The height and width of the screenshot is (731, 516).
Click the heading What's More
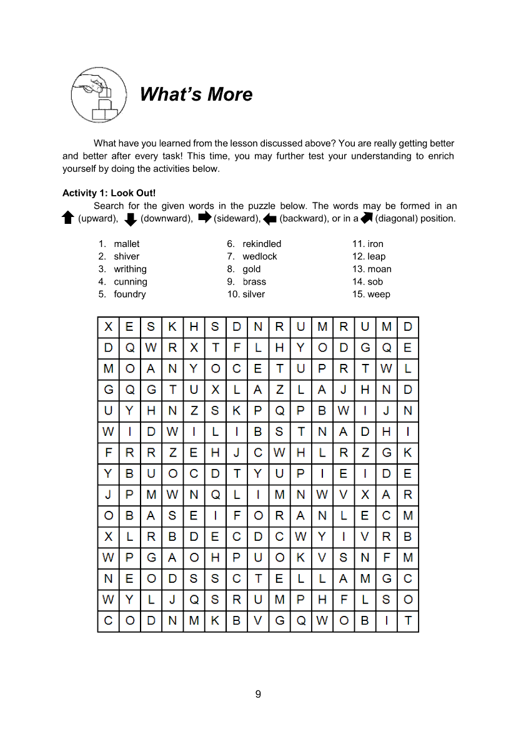coord(196,94)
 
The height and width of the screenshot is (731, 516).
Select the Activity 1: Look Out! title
coord(109,193)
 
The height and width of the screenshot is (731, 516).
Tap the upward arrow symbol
coord(68,218)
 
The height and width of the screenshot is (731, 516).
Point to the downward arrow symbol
coord(131,219)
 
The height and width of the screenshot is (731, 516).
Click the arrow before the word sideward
coord(205,218)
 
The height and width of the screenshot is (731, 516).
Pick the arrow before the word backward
coord(270,219)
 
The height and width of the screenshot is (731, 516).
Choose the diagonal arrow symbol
coord(366,218)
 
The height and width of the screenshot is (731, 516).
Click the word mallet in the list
coord(127,244)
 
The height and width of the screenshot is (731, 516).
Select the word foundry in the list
coord(130,294)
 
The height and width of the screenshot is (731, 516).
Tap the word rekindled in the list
coord(262,244)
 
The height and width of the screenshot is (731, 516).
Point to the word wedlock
coord(260,256)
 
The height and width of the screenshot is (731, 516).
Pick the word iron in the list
coord(375,244)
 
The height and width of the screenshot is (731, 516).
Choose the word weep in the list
coord(379,294)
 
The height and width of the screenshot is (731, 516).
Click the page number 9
coord(258,694)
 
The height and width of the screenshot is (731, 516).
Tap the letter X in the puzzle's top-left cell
coord(109,326)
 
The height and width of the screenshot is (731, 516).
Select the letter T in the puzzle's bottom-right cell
coord(408,622)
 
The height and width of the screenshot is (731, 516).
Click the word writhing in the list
coord(130,269)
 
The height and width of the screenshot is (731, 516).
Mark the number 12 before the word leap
coord(358,256)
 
